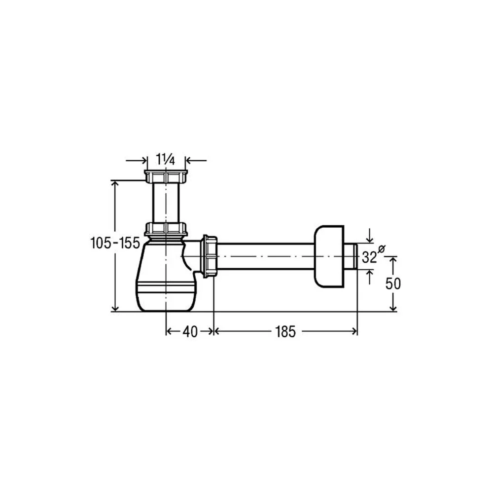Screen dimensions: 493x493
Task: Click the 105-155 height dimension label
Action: [x=115, y=243]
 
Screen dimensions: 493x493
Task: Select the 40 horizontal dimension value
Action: [x=190, y=331]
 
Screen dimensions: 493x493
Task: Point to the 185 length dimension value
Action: [x=285, y=331]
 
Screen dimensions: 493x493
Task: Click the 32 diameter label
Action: [x=369, y=257]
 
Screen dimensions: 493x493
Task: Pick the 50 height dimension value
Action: [x=393, y=284]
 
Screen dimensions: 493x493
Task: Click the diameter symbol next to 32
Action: [x=381, y=248]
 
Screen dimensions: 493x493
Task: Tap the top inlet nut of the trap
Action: [x=166, y=176]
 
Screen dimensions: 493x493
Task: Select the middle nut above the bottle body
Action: [x=166, y=229]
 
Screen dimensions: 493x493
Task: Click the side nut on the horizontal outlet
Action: [x=209, y=256]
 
